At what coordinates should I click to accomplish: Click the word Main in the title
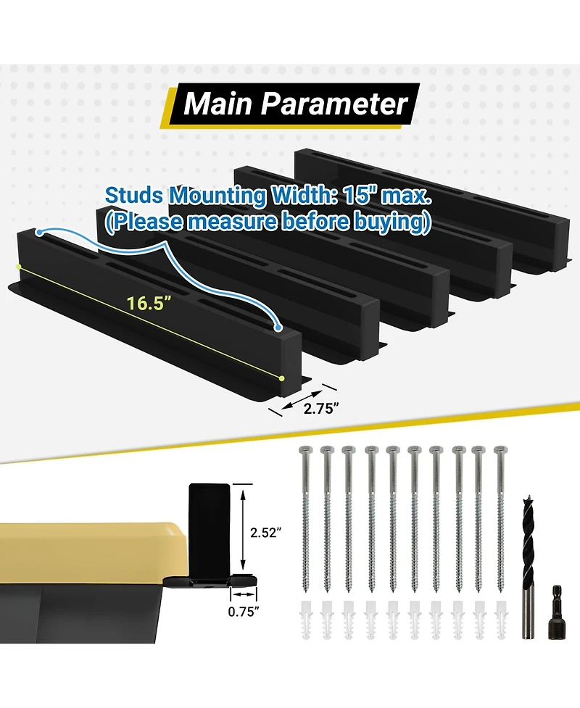click(x=217, y=104)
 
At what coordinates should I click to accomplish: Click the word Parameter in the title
click(x=334, y=104)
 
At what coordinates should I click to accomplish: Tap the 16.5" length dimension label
click(x=149, y=303)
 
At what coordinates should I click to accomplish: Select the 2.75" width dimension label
click(x=320, y=409)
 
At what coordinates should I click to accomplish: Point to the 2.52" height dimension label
click(x=266, y=533)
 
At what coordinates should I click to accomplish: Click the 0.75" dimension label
click(x=244, y=612)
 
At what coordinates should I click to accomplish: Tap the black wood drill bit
click(x=528, y=567)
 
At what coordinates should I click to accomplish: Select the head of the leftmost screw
click(x=305, y=450)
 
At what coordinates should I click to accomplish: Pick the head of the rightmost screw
click(x=500, y=450)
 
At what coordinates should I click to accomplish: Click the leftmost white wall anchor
click(x=305, y=620)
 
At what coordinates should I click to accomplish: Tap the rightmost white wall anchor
click(x=500, y=620)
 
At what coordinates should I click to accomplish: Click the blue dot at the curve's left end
click(x=40, y=233)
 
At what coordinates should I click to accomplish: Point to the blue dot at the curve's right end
click(x=278, y=328)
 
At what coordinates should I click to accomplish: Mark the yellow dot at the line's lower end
click(x=282, y=378)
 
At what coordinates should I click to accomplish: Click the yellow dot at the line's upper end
click(x=18, y=267)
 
